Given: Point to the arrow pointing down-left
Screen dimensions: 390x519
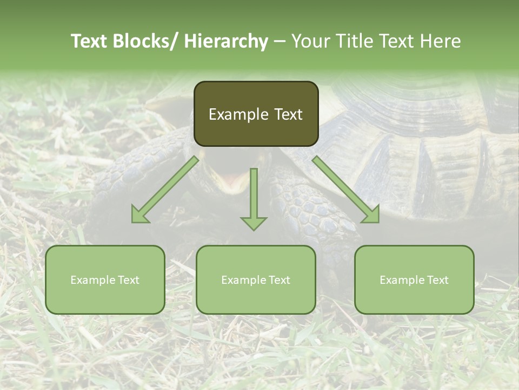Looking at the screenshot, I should point(165,190).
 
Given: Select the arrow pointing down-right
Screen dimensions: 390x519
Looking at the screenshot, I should point(346,190).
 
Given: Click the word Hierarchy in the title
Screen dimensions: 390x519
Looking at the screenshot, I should point(226,41).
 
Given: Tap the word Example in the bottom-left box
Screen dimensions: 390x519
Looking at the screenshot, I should point(93,280).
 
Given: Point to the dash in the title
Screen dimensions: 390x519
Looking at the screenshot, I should point(280,41).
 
